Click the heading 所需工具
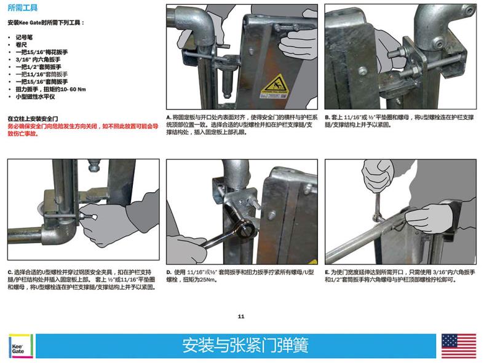pyautogui.click(x=23, y=8)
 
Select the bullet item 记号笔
pyautogui.click(x=24, y=37)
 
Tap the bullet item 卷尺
pyautogui.click(x=22, y=45)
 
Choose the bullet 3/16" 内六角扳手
pyautogui.click(x=38, y=60)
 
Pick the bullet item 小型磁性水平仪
pyautogui.click(x=35, y=96)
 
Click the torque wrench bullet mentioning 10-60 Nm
pyautogui.click(x=51, y=89)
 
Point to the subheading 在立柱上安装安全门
pyautogui.click(x=33, y=119)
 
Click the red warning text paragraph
pyautogui.click(x=83, y=130)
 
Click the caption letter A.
pyautogui.click(x=169, y=117)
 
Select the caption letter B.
pyautogui.click(x=327, y=117)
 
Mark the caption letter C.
pyautogui.click(x=10, y=273)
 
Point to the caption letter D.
pyautogui.click(x=169, y=273)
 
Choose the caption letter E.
pyautogui.click(x=327, y=273)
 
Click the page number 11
pyautogui.click(x=241, y=316)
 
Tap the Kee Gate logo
pyautogui.click(x=21, y=346)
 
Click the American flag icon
pyautogui.click(x=459, y=346)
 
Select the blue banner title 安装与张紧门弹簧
pyautogui.click(x=245, y=345)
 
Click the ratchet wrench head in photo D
pyautogui.click(x=246, y=228)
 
